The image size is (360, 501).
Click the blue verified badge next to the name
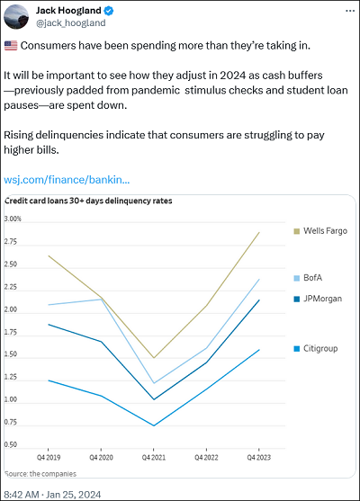pos(109,11)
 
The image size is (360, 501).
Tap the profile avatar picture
pos(16,16)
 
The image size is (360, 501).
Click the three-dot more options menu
pos(350,11)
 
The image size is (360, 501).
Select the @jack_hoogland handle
pos(71,23)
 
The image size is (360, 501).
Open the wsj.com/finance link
pos(67,180)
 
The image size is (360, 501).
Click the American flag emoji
pos(11,46)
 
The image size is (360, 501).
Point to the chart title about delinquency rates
pos(88,201)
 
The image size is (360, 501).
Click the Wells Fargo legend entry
pos(320,230)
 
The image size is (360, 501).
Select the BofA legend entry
pos(308,278)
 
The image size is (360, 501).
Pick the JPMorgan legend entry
pos(318,299)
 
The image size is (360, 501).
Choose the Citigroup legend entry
pos(316,348)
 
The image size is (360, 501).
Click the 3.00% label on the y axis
pos(13,219)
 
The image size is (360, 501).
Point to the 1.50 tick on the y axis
pos(11,354)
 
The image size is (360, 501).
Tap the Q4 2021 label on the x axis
pos(154,458)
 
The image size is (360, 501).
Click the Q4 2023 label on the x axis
pos(259,458)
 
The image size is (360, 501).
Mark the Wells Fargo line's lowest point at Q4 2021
pos(154,358)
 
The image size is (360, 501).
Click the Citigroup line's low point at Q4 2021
pos(154,425)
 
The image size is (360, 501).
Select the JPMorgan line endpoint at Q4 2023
pos(259,300)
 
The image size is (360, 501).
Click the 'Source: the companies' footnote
pos(40,474)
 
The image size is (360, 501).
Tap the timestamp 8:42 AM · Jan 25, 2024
pos(52,495)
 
